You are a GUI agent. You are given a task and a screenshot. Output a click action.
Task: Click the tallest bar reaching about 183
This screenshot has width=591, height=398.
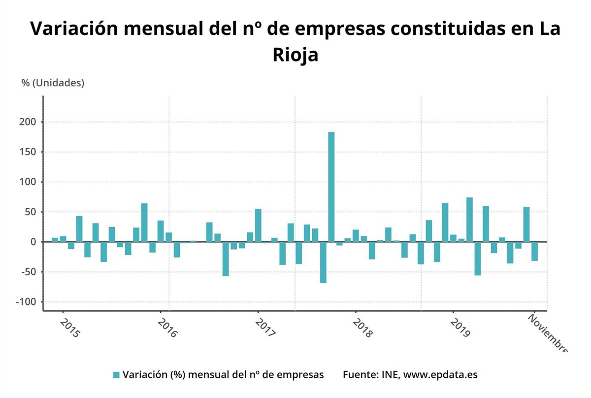pos(331,187)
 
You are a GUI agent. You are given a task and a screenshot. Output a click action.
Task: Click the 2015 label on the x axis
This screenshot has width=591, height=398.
pos(69,328)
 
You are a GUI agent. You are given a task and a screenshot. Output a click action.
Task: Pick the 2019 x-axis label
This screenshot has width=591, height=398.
pos(460,328)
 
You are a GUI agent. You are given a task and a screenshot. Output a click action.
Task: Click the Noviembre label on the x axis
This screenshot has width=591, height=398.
pos(547,333)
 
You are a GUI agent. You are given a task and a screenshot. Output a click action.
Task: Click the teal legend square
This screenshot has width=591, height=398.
pos(116,375)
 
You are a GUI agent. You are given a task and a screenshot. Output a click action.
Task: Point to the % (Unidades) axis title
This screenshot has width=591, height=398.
pos(53,83)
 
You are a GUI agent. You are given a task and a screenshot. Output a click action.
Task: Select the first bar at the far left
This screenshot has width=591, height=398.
pos(55,240)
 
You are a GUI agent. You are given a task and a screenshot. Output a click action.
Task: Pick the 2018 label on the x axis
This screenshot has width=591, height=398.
pos(362,328)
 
